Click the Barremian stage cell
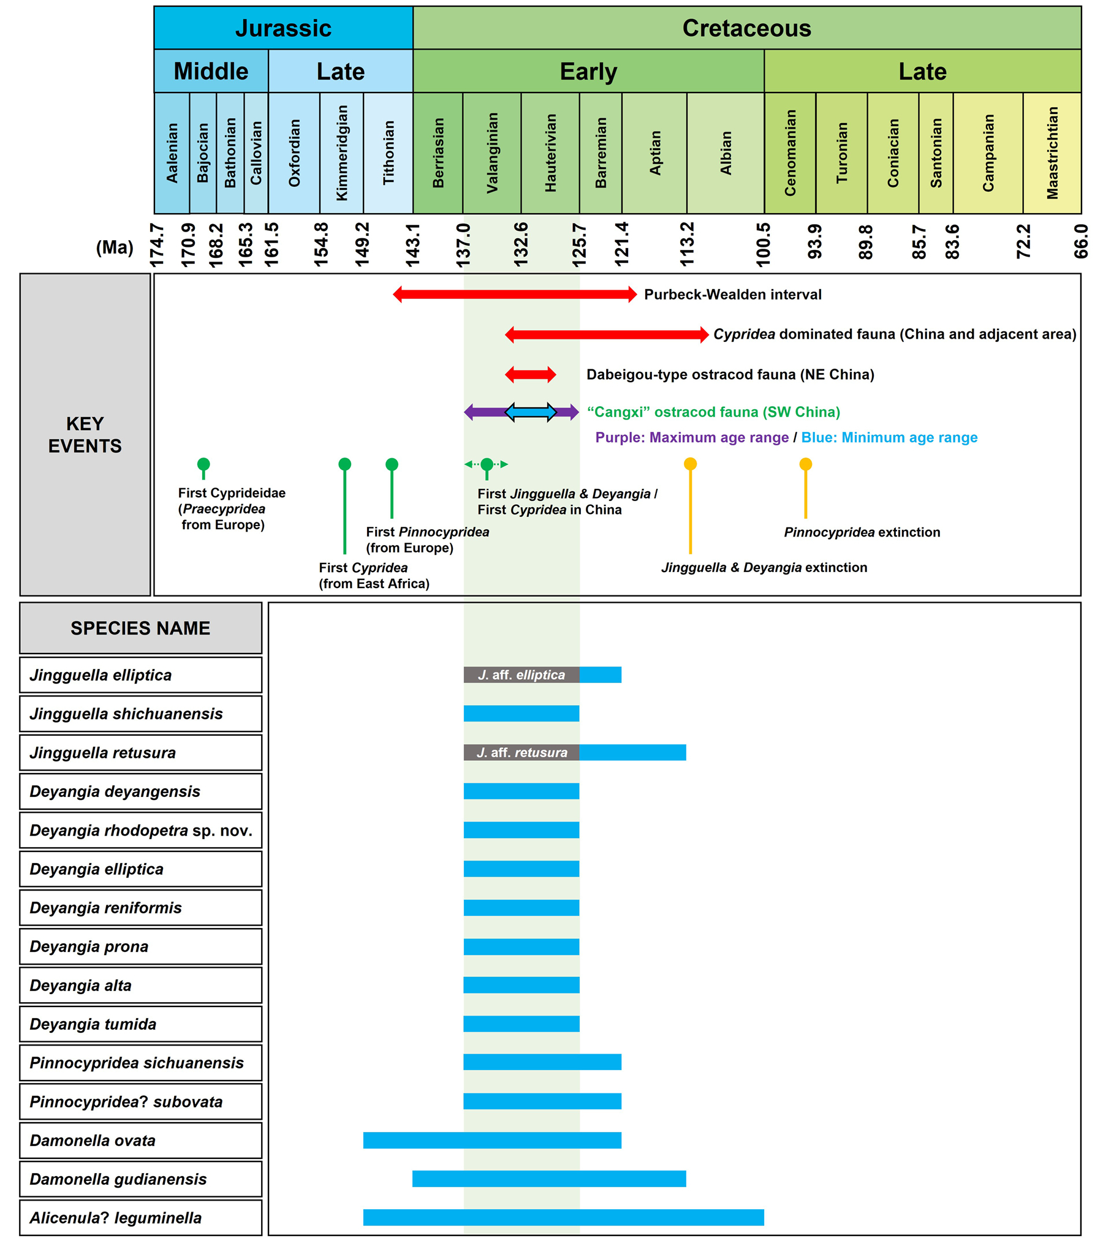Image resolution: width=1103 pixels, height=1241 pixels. point(601,153)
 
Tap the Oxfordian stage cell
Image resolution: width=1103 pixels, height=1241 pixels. point(294,153)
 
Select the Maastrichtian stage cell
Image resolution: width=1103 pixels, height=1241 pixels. point(1052,153)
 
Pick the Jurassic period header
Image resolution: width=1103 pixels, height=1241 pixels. point(283,28)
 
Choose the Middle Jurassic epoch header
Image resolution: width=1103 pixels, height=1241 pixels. point(211,71)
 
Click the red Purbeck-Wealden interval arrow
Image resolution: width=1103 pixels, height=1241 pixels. point(515,295)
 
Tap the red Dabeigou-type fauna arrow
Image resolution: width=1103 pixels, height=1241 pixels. point(531,374)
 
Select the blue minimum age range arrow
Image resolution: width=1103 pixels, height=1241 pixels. point(531,412)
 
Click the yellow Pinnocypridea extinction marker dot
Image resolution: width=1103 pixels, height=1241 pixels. point(805,464)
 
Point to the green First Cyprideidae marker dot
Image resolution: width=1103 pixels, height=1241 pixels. point(203,464)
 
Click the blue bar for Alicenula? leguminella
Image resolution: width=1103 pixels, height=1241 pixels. point(563,1217)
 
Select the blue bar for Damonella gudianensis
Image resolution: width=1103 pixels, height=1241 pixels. point(549,1179)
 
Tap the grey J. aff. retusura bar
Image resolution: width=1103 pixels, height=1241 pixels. point(521,752)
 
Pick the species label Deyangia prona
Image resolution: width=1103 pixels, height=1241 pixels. point(89,946)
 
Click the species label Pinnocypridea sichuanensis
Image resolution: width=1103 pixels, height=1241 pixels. point(137,1063)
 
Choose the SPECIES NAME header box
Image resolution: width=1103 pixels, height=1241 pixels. point(140,628)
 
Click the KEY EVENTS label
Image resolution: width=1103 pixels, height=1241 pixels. point(85,434)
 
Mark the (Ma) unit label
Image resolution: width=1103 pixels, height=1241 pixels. point(115,247)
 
